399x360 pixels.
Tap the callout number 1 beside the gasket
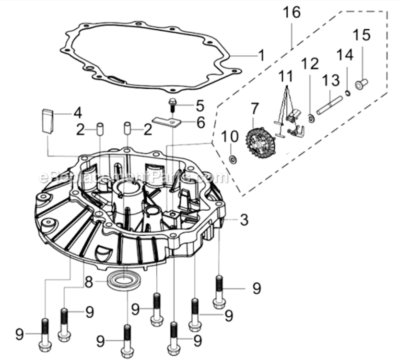(x=261, y=55)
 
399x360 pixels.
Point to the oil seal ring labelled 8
(x=124, y=280)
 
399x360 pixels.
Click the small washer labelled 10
(x=233, y=158)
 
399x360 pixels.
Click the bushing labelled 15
(x=361, y=85)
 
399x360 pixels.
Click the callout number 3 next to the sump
(x=244, y=220)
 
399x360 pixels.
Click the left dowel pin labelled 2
(x=100, y=130)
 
